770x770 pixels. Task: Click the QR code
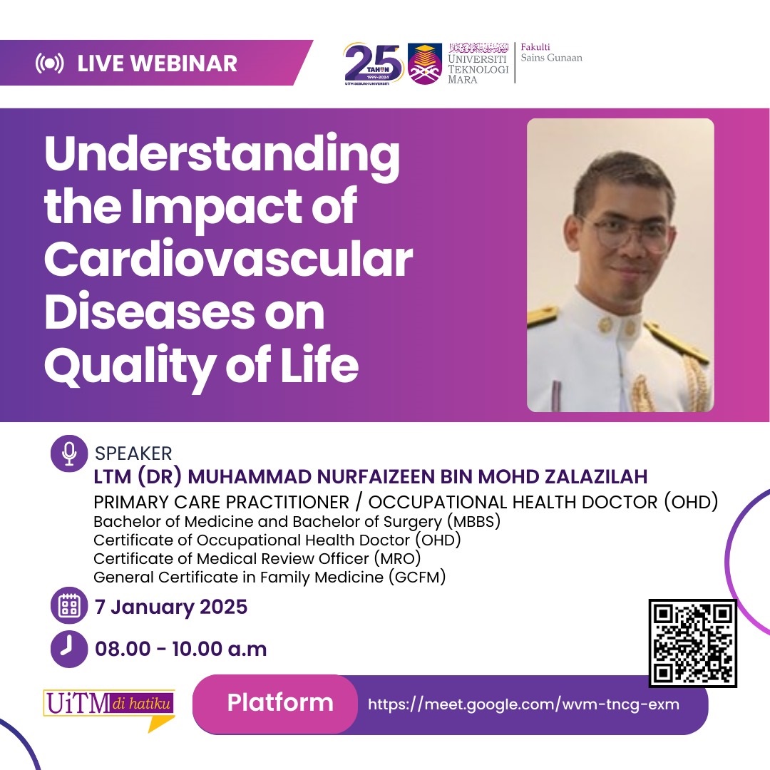692,643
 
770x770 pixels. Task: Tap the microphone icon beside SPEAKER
69,454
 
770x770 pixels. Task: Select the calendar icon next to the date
69,607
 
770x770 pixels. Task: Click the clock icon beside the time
69,648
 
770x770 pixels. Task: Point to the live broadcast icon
49,63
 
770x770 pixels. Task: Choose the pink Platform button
279,703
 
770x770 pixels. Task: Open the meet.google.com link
523,704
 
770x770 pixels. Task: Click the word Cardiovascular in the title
228,260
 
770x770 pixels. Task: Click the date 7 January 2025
171,607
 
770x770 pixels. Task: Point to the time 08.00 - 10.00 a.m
180,649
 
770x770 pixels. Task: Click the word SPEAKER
133,454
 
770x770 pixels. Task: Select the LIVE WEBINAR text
157,63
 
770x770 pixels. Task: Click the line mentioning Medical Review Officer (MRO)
257,558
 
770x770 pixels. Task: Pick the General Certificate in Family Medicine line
269,577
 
